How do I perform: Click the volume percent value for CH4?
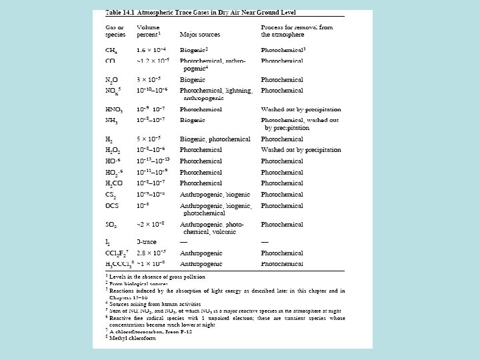pyautogui.click(x=151, y=50)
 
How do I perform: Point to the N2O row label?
pyautogui.click(x=113, y=79)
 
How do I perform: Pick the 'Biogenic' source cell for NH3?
pyautogui.click(x=193, y=119)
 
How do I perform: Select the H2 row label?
pyautogui.click(x=110, y=139)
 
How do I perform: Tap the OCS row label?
pyautogui.click(x=112, y=205)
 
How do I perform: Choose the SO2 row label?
pyautogui.click(x=111, y=225)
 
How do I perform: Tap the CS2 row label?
pyautogui.click(x=111, y=194)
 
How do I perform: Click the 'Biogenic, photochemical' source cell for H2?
pyautogui.click(x=215, y=139)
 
